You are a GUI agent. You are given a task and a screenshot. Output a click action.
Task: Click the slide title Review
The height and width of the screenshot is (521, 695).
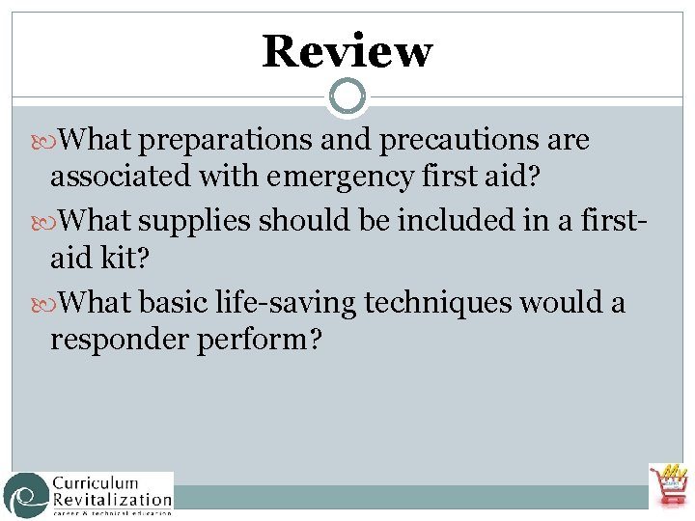pos(347,51)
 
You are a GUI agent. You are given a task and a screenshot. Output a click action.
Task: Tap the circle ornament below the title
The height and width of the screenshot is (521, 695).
pos(347,96)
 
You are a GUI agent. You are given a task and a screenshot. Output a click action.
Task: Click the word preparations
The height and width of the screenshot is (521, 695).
pos(224,142)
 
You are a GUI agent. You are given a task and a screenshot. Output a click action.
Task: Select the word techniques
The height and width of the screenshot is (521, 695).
pos(439,304)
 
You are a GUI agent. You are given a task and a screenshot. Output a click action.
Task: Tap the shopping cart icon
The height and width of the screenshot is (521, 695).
pos(668,485)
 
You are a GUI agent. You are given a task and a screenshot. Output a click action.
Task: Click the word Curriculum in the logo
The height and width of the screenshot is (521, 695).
pos(95,483)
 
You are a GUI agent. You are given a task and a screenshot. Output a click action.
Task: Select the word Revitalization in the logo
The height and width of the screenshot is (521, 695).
pos(112,499)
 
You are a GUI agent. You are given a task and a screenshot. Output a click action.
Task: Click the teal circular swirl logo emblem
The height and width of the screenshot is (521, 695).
pos(25,494)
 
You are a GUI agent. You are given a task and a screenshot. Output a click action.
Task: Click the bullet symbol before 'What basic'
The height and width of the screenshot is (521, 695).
pos(49,305)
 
